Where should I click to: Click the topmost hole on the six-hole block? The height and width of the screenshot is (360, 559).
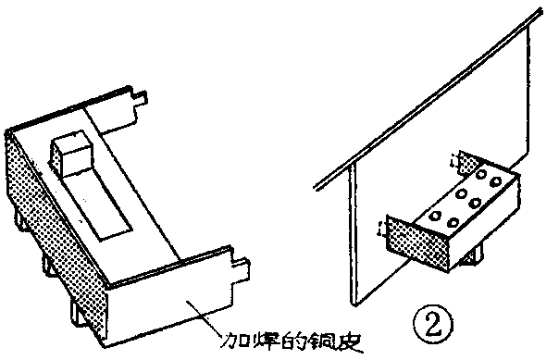pyautogui.click(x=481, y=173)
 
